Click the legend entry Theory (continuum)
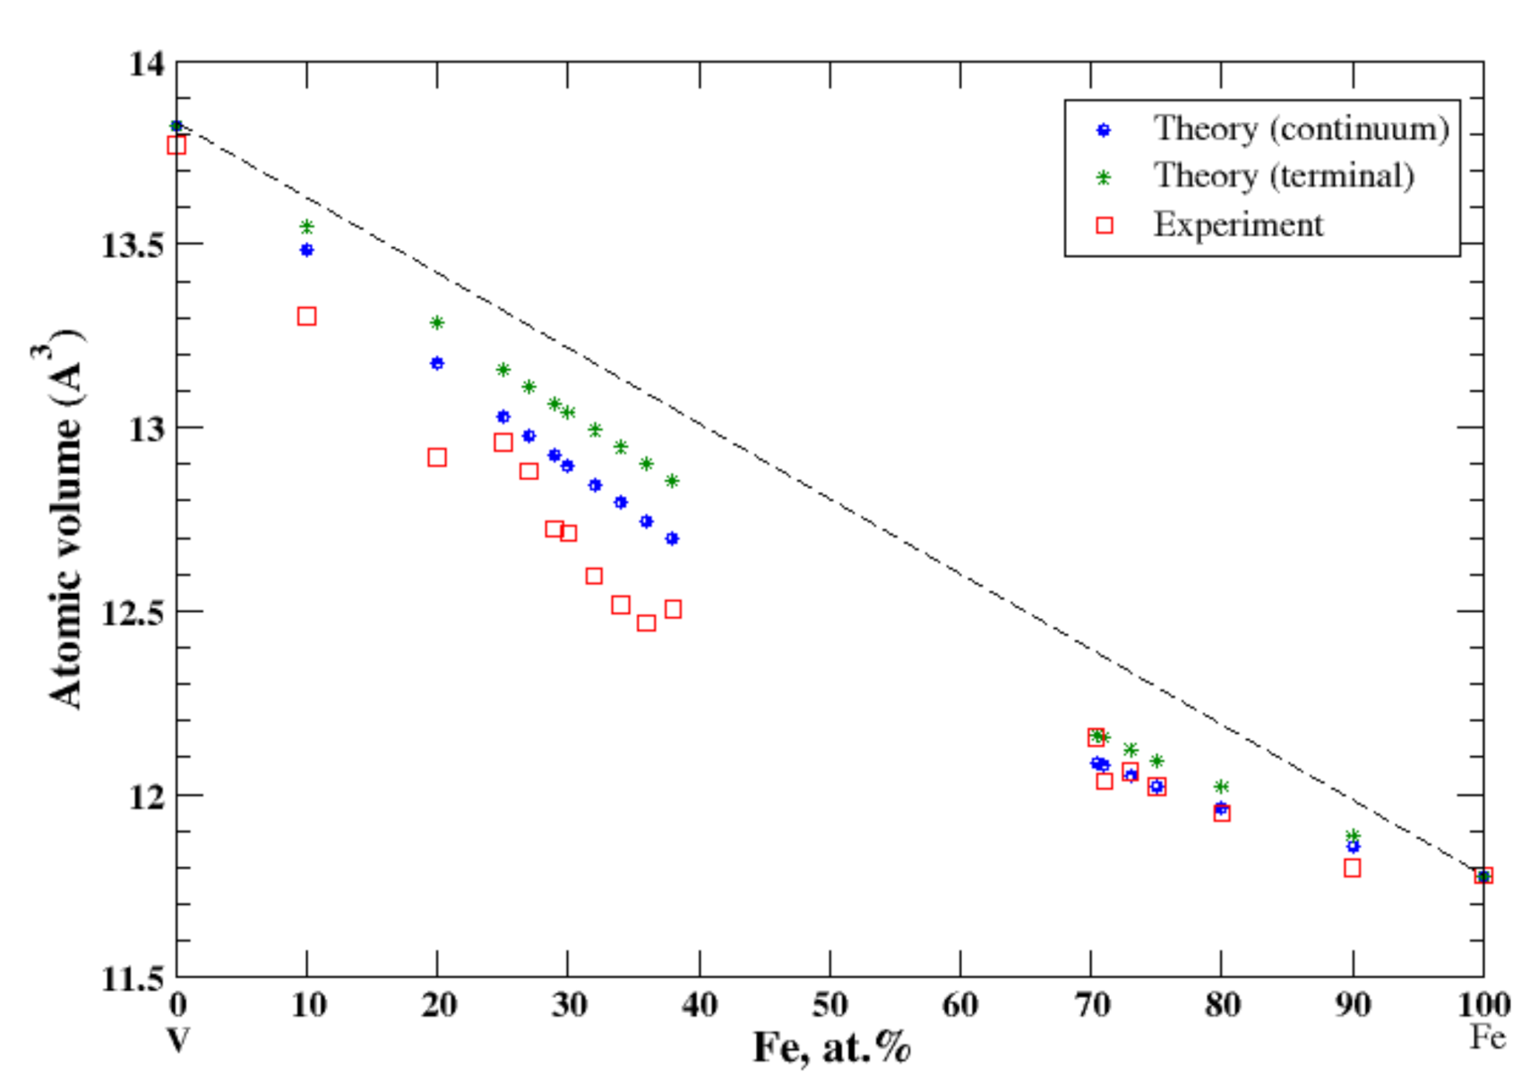coord(1300,129)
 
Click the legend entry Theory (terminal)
coord(1283,176)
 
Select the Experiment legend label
coord(1237,225)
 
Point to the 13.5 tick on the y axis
coord(131,245)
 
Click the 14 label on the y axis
coord(146,64)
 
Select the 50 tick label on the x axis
coord(830,1005)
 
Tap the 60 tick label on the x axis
coord(960,1005)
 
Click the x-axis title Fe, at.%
coord(831,1047)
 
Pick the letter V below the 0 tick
coord(177,1040)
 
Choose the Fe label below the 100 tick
coord(1488,1037)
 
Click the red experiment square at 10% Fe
coord(306,316)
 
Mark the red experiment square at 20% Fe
coord(437,458)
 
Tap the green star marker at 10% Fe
coord(306,227)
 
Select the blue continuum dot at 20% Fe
coord(437,363)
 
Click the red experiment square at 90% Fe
coord(1353,868)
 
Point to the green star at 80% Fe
coord(1221,787)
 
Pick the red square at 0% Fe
coord(176,145)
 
